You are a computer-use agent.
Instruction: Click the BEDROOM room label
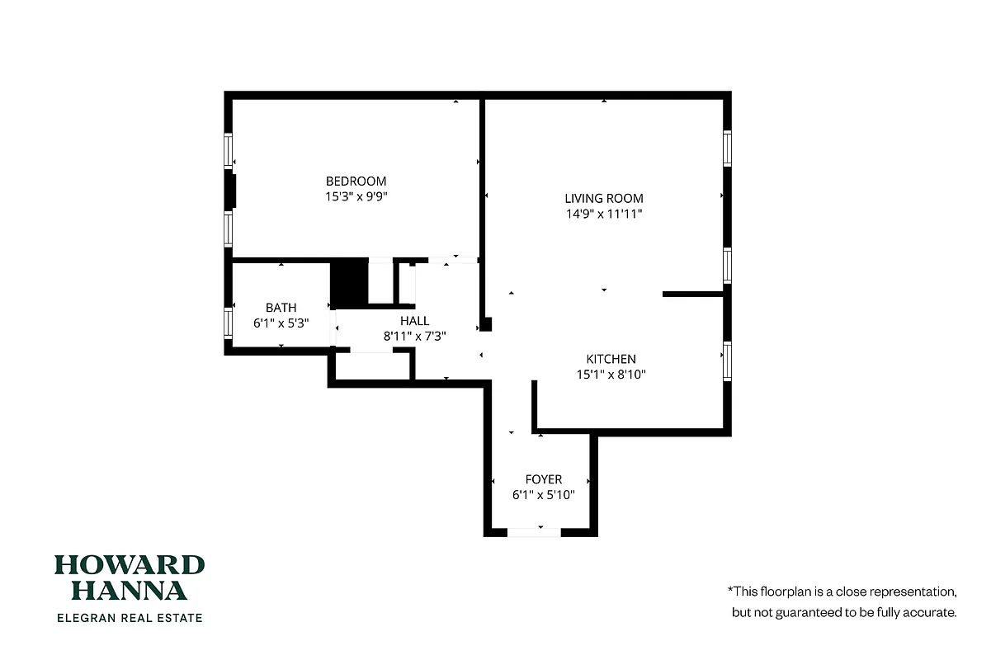tap(356, 181)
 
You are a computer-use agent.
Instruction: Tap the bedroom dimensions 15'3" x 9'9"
tap(356, 197)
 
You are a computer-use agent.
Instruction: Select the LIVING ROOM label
tap(603, 198)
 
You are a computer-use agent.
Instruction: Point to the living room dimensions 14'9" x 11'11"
tap(603, 214)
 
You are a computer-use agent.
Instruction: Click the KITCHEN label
tap(611, 359)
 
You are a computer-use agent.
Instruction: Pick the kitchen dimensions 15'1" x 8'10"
tap(611, 375)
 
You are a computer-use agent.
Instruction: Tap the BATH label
tap(281, 308)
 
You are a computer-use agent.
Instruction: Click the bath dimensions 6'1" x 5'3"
tap(281, 323)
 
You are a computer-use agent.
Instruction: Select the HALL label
tap(414, 321)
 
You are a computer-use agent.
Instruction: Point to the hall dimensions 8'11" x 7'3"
tap(414, 337)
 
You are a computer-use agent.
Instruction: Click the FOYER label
tap(543, 479)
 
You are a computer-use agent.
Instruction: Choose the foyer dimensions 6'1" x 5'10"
tap(543, 495)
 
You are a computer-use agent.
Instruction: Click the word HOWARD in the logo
tap(130, 565)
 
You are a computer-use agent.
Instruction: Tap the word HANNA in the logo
tap(130, 590)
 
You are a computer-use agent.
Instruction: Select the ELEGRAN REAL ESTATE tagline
tap(129, 617)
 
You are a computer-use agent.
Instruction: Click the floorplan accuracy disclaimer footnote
tap(842, 602)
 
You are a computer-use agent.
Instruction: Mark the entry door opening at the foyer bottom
tap(534, 532)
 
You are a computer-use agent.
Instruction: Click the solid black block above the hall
tap(348, 284)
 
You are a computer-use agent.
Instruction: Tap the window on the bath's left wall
tap(229, 323)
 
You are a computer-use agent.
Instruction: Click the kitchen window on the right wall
tap(727, 361)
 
